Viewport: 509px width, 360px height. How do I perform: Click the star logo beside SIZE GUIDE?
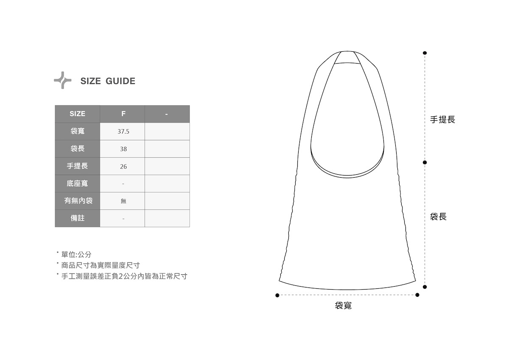(x=62, y=80)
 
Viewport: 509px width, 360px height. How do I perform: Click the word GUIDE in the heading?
(x=120, y=81)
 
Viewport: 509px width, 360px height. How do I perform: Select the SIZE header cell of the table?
(x=77, y=114)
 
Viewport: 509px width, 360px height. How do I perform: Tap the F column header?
(x=123, y=114)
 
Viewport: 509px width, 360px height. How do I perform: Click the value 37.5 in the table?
(x=123, y=131)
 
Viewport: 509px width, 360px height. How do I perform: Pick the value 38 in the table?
(x=123, y=149)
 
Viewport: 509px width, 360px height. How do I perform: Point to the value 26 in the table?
(x=123, y=167)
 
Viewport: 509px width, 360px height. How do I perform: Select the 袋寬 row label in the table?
(x=77, y=131)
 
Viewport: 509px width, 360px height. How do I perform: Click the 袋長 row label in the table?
(x=77, y=149)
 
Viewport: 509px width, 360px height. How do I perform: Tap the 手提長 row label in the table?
(x=77, y=166)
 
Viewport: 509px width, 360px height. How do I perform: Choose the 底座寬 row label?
(x=77, y=184)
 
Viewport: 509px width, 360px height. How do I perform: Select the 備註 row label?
(x=77, y=218)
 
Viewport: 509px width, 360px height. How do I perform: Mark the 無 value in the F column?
(x=123, y=201)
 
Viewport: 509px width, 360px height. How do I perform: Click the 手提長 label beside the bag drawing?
(x=442, y=120)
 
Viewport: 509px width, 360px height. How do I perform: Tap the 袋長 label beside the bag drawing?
(x=438, y=217)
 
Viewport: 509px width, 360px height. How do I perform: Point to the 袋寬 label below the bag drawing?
(x=343, y=305)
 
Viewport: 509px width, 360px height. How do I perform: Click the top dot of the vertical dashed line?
(x=425, y=53)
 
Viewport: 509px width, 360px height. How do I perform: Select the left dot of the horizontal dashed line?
(x=277, y=295)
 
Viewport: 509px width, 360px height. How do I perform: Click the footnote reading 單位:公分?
(x=76, y=254)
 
